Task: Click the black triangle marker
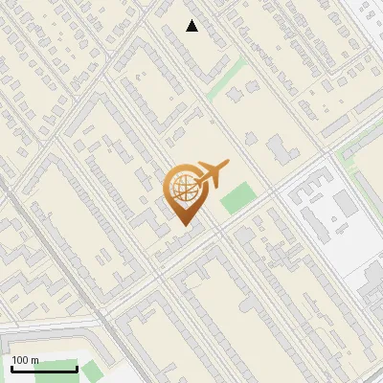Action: (192, 26)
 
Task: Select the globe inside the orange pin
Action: (185, 189)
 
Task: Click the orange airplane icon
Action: (212, 173)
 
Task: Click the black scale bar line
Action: (44, 369)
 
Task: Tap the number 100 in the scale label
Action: (21, 360)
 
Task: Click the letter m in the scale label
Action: (34, 360)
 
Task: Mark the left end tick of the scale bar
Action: (11, 367)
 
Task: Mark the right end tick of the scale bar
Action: (77, 367)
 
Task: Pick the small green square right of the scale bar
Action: (91, 370)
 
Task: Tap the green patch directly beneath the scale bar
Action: (38, 379)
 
